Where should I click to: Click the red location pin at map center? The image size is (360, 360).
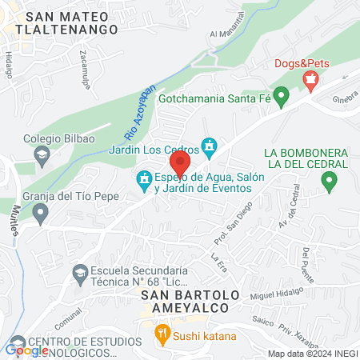(180, 162)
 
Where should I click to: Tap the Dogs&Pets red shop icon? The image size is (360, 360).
(310, 78)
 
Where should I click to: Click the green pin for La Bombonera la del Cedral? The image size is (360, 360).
(329, 182)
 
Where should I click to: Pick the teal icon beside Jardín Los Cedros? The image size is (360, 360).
(210, 146)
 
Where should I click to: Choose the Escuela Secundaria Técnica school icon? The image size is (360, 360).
(80, 272)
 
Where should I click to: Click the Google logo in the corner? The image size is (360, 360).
(27, 349)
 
